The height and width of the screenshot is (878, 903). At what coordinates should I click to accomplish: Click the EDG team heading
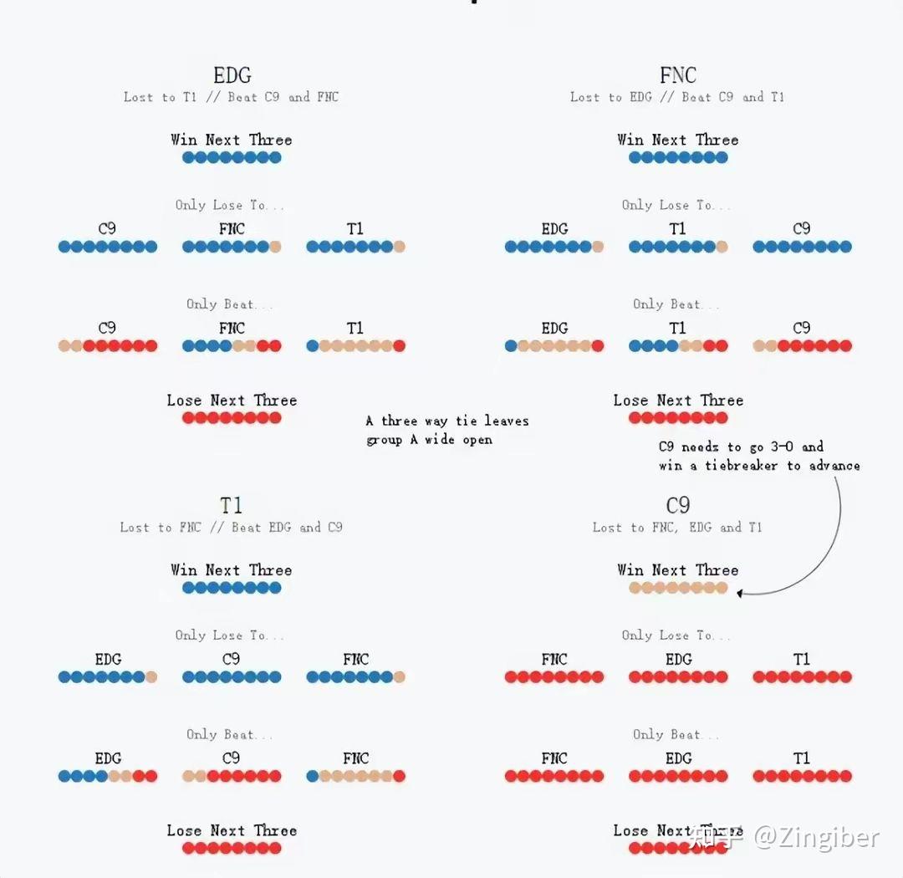232,76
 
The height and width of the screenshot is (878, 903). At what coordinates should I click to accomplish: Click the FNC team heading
677,76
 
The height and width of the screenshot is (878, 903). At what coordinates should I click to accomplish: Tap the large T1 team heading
232,506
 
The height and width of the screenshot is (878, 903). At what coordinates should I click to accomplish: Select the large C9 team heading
677,506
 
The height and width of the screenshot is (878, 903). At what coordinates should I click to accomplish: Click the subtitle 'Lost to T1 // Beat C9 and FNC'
232,97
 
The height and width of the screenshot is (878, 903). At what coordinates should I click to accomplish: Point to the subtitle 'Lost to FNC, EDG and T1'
677,528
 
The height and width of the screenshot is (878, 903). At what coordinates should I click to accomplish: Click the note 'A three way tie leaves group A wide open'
446,430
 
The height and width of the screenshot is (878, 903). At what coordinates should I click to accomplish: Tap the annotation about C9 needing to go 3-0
758,456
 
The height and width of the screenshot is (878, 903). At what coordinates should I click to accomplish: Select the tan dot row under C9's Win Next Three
677,588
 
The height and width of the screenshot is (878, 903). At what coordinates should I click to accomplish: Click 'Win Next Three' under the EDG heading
232,140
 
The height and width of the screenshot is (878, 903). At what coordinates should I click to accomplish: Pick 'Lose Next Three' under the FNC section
677,401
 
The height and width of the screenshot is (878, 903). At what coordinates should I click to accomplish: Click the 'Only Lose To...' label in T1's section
229,636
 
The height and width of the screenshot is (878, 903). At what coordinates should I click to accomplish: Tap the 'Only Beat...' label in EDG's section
229,304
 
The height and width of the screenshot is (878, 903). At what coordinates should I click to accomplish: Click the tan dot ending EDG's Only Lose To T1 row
399,247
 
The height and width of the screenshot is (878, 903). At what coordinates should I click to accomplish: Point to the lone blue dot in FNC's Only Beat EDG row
511,345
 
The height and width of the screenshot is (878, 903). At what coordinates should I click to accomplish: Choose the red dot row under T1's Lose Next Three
232,848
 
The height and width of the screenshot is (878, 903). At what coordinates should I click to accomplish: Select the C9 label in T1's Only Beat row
232,758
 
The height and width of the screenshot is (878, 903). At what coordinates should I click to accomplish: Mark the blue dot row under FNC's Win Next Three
677,157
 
